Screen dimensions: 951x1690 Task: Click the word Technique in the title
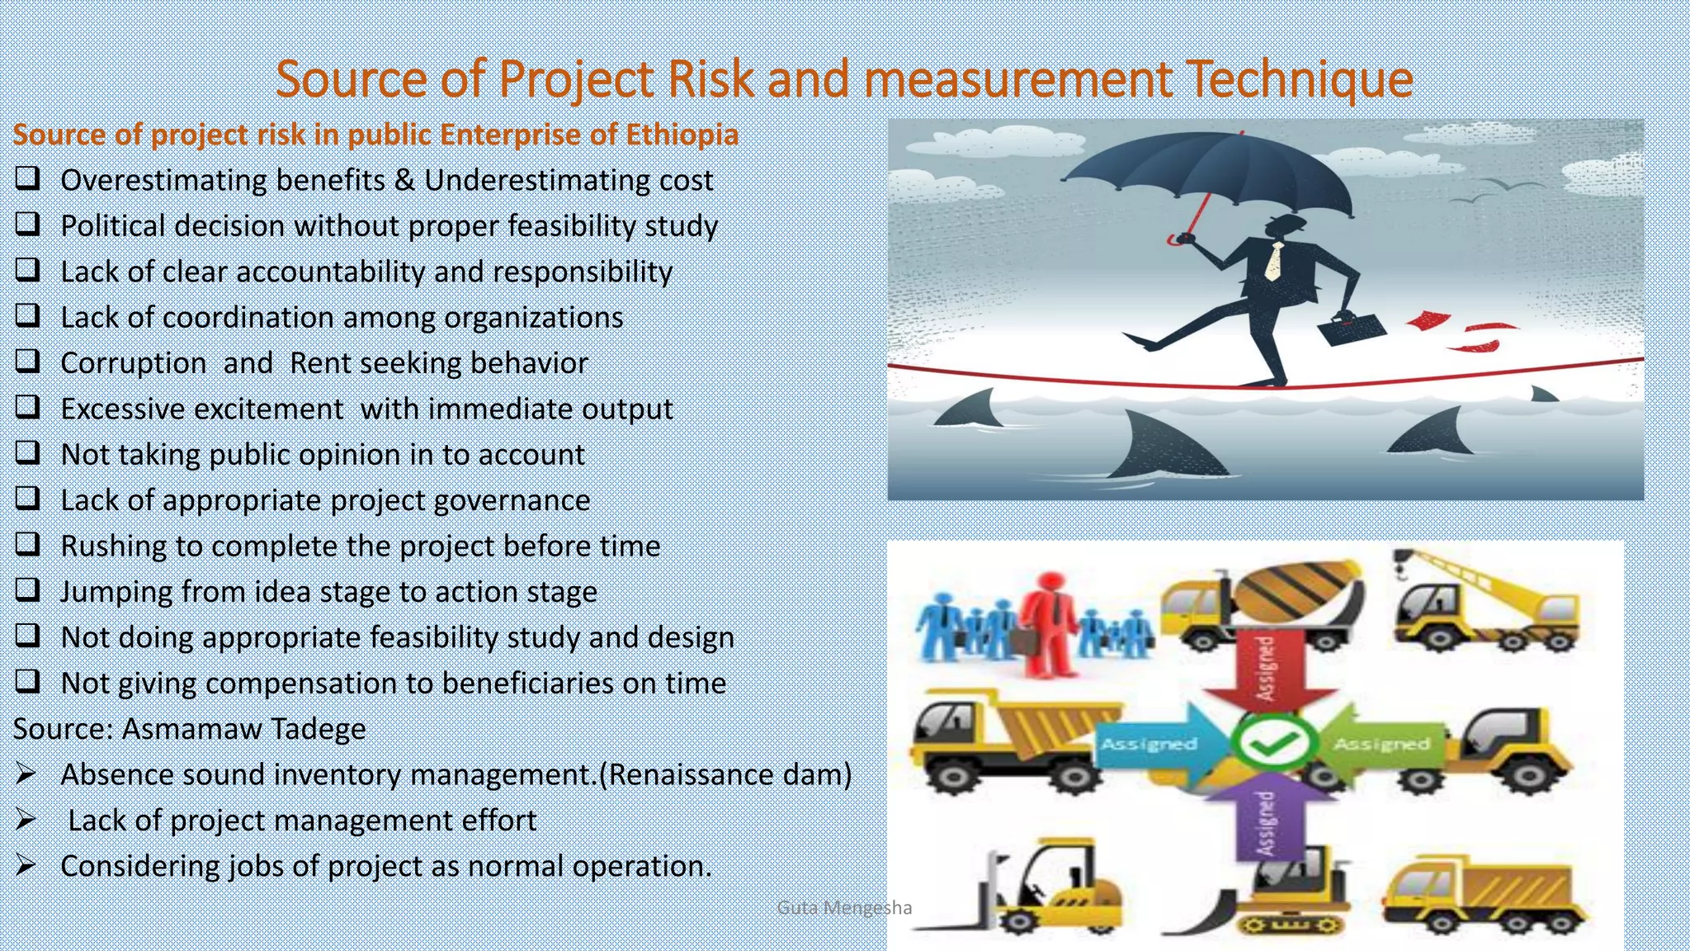click(1299, 79)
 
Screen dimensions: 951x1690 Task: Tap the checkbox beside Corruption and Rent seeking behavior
click(27, 361)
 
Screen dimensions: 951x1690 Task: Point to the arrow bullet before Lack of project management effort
click(26, 820)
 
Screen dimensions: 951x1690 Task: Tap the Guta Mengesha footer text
click(843, 908)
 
